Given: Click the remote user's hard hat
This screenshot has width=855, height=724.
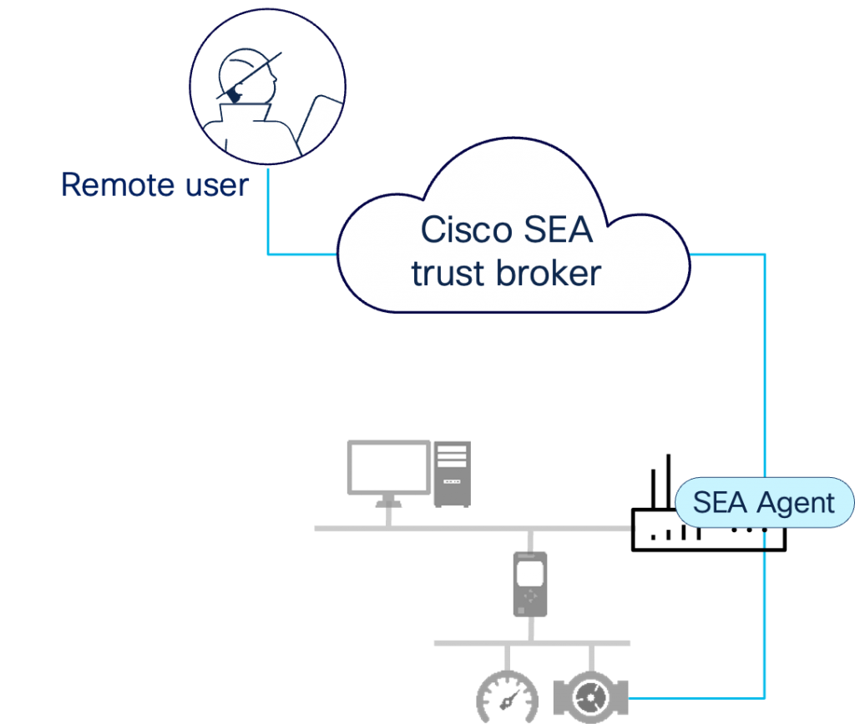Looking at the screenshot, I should [x=249, y=65].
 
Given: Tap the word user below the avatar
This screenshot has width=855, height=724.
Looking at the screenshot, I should [x=215, y=184].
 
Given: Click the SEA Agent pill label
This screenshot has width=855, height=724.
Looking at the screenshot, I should [x=764, y=503].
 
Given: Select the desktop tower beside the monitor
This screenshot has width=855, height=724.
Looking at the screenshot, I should [x=452, y=474].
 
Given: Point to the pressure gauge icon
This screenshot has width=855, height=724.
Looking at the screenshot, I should [x=507, y=699].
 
